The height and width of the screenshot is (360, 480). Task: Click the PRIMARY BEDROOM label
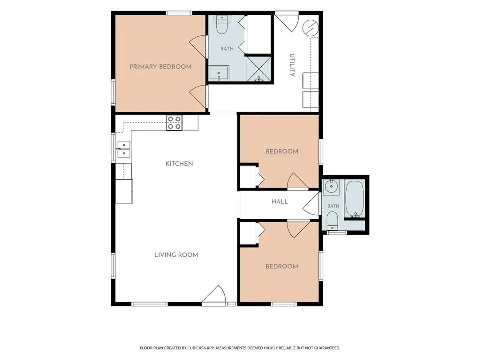click(160, 67)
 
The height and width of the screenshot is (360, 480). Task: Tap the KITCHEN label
click(179, 164)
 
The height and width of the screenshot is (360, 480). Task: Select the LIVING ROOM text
click(176, 255)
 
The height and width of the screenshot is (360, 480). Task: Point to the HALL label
click(279, 202)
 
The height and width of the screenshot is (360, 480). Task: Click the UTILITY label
click(292, 65)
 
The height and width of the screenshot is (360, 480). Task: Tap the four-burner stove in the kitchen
click(174, 123)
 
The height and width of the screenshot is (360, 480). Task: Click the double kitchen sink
click(124, 149)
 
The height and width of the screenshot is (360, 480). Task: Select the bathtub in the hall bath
click(354, 199)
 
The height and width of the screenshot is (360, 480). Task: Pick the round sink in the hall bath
click(331, 187)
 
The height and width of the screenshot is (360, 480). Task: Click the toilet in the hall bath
click(332, 221)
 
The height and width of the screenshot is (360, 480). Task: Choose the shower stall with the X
click(259, 69)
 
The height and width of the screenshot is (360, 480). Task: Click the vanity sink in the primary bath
click(219, 73)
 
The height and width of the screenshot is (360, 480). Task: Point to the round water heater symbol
click(310, 28)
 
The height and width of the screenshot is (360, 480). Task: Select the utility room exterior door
click(286, 22)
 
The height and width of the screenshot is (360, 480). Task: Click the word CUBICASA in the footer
click(197, 348)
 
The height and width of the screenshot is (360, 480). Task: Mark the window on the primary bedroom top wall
click(179, 13)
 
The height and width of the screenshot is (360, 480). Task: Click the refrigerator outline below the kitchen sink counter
click(124, 191)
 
